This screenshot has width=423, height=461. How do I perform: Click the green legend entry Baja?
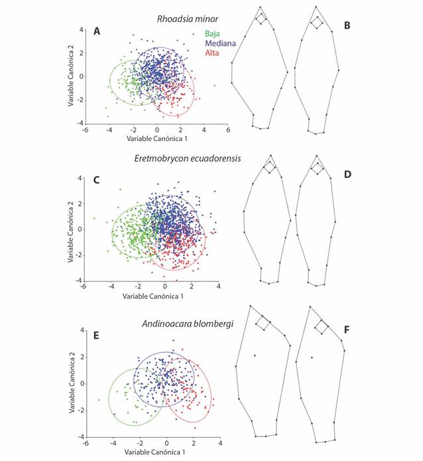coord(212,33)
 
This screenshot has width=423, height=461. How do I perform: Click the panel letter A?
coord(97,31)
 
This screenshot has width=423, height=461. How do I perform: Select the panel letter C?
coord(97,179)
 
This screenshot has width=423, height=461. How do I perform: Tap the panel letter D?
coord(365,174)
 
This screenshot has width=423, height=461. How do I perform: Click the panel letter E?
coord(97,336)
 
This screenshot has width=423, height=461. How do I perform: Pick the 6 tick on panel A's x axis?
coord(228,131)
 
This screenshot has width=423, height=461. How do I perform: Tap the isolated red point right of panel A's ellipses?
coord(215,86)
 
